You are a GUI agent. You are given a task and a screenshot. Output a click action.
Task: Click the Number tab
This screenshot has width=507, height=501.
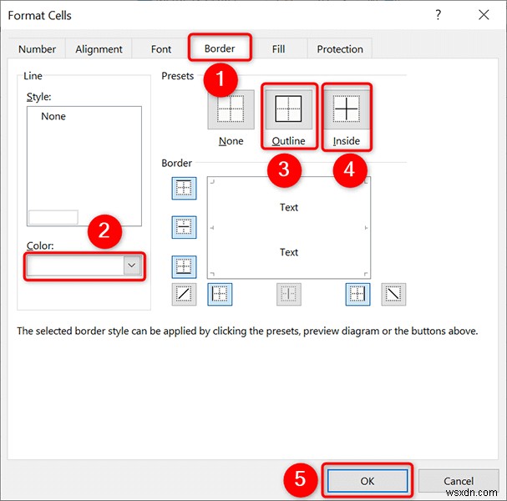click(x=37, y=49)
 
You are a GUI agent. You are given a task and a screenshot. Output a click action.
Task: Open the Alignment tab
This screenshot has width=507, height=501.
click(x=99, y=49)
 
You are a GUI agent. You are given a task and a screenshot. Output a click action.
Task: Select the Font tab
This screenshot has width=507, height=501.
click(x=161, y=49)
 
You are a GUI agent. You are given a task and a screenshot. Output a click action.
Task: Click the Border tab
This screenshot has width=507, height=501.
click(x=221, y=48)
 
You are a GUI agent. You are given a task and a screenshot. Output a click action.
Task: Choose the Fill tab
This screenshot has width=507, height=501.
click(x=278, y=49)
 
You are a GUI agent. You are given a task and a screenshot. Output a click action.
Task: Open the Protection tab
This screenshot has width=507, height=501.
click(x=340, y=49)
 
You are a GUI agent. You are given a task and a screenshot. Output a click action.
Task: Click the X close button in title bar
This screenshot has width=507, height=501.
click(x=483, y=15)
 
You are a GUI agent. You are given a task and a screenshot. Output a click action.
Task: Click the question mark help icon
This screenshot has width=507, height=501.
click(x=438, y=15)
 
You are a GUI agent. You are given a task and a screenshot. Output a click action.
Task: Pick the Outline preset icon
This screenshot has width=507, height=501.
click(x=288, y=109)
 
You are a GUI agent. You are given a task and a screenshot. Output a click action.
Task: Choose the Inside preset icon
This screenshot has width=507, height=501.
click(x=346, y=109)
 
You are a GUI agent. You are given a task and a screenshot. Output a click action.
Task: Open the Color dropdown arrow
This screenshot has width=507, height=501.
click(x=131, y=265)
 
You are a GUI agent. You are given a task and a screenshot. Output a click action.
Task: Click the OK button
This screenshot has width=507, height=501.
click(x=368, y=481)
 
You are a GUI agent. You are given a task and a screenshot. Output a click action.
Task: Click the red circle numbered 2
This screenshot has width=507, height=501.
click(x=104, y=231)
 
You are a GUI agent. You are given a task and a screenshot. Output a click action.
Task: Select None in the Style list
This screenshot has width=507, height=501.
click(x=53, y=116)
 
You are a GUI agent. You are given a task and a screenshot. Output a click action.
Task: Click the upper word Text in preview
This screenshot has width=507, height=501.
click(x=289, y=207)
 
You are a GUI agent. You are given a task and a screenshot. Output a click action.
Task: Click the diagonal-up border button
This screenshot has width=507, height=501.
click(x=184, y=293)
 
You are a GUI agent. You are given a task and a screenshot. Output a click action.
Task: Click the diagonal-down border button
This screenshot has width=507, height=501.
click(x=393, y=293)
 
